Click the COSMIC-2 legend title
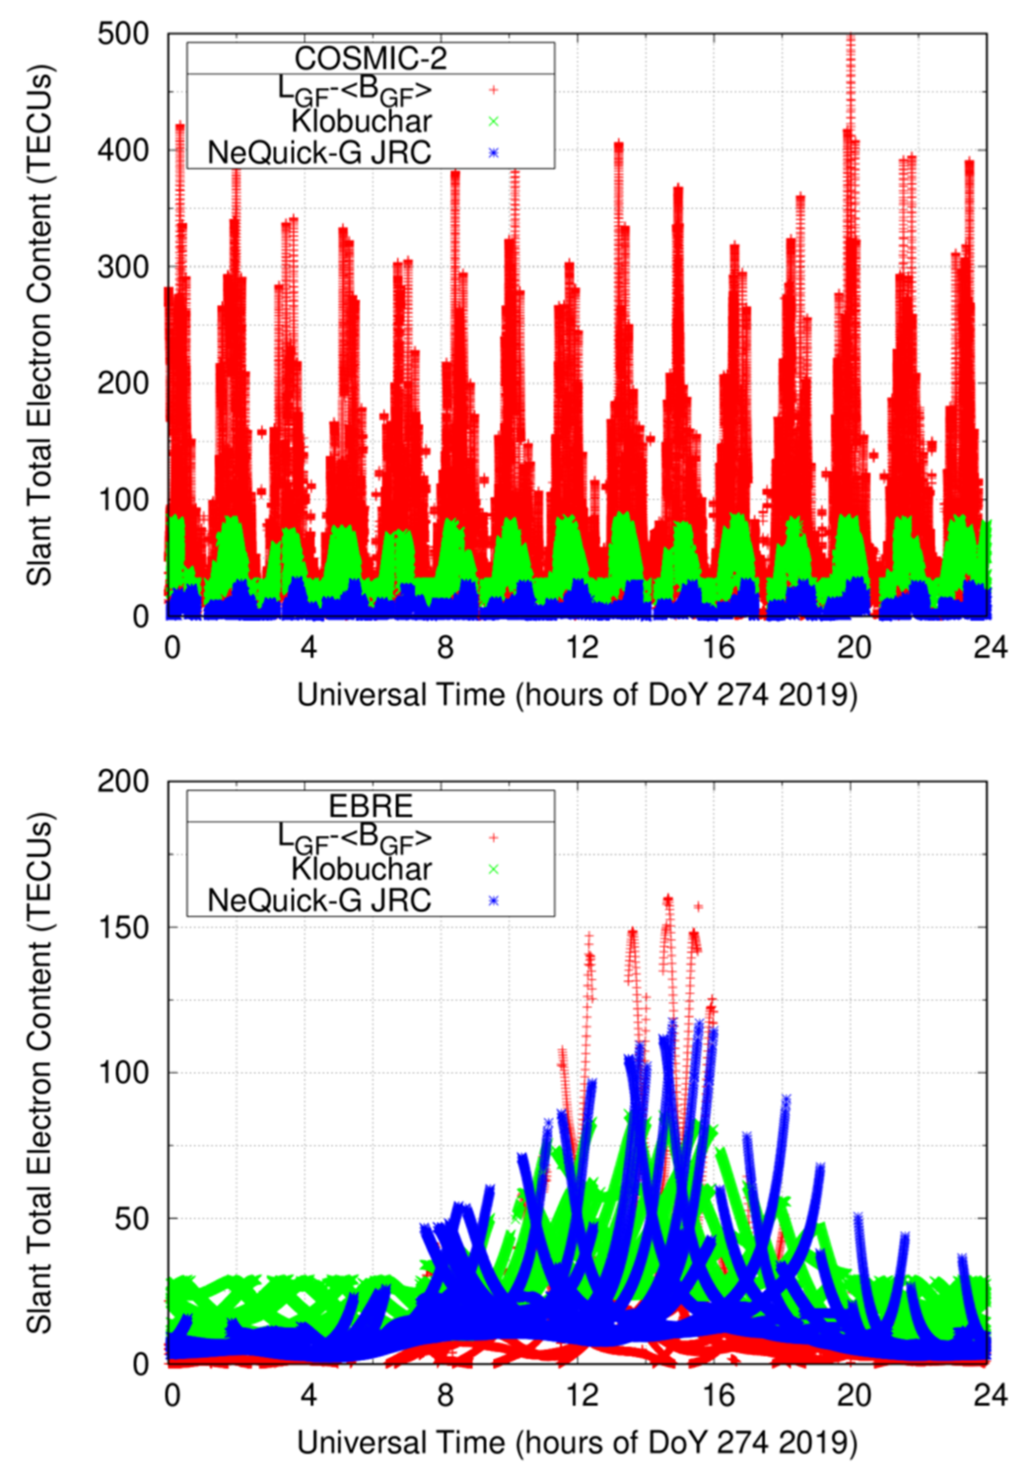(x=371, y=59)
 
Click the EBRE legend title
(x=371, y=807)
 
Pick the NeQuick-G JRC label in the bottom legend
(x=319, y=900)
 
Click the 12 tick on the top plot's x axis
(x=583, y=648)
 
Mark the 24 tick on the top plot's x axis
(x=990, y=648)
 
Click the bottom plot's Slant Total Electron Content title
(x=39, y=1073)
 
